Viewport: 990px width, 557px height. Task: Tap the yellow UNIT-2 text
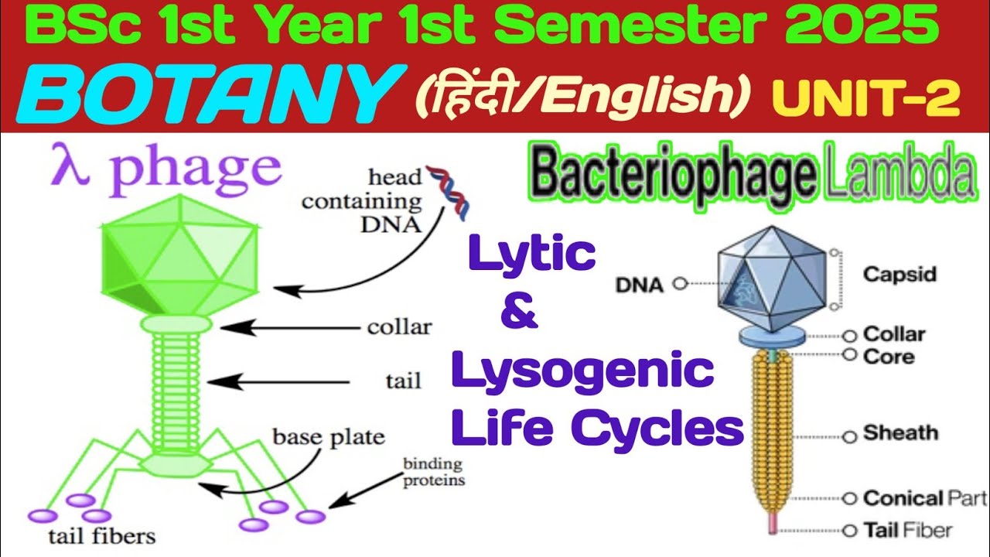point(865,98)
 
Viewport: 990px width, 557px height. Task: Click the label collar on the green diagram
point(399,327)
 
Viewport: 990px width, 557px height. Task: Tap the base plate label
point(328,437)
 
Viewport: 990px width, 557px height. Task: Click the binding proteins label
point(433,472)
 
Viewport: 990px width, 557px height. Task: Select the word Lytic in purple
point(532,255)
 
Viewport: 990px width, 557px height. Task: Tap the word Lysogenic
point(582,372)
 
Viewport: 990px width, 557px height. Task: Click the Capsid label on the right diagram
point(900,275)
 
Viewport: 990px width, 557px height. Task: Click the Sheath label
point(900,433)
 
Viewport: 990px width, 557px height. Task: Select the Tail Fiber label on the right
point(907,531)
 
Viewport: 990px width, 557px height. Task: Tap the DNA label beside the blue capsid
point(639,285)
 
